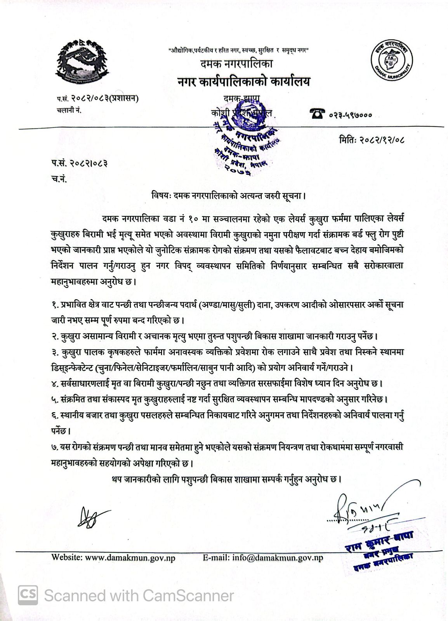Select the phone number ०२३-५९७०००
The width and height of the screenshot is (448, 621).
point(351,114)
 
